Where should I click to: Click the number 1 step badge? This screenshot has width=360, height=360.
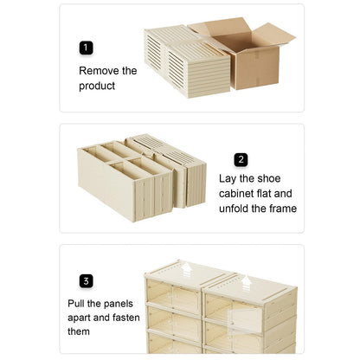[86, 48]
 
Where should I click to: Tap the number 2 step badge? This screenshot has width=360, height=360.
[241, 159]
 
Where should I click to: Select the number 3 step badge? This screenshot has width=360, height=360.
[86, 280]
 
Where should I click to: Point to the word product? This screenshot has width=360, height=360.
[97, 86]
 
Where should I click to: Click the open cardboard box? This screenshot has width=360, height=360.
[251, 54]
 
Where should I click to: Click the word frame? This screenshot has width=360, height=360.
[280, 209]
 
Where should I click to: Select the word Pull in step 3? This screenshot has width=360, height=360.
[79, 304]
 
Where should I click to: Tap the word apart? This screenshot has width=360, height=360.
[82, 318]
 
